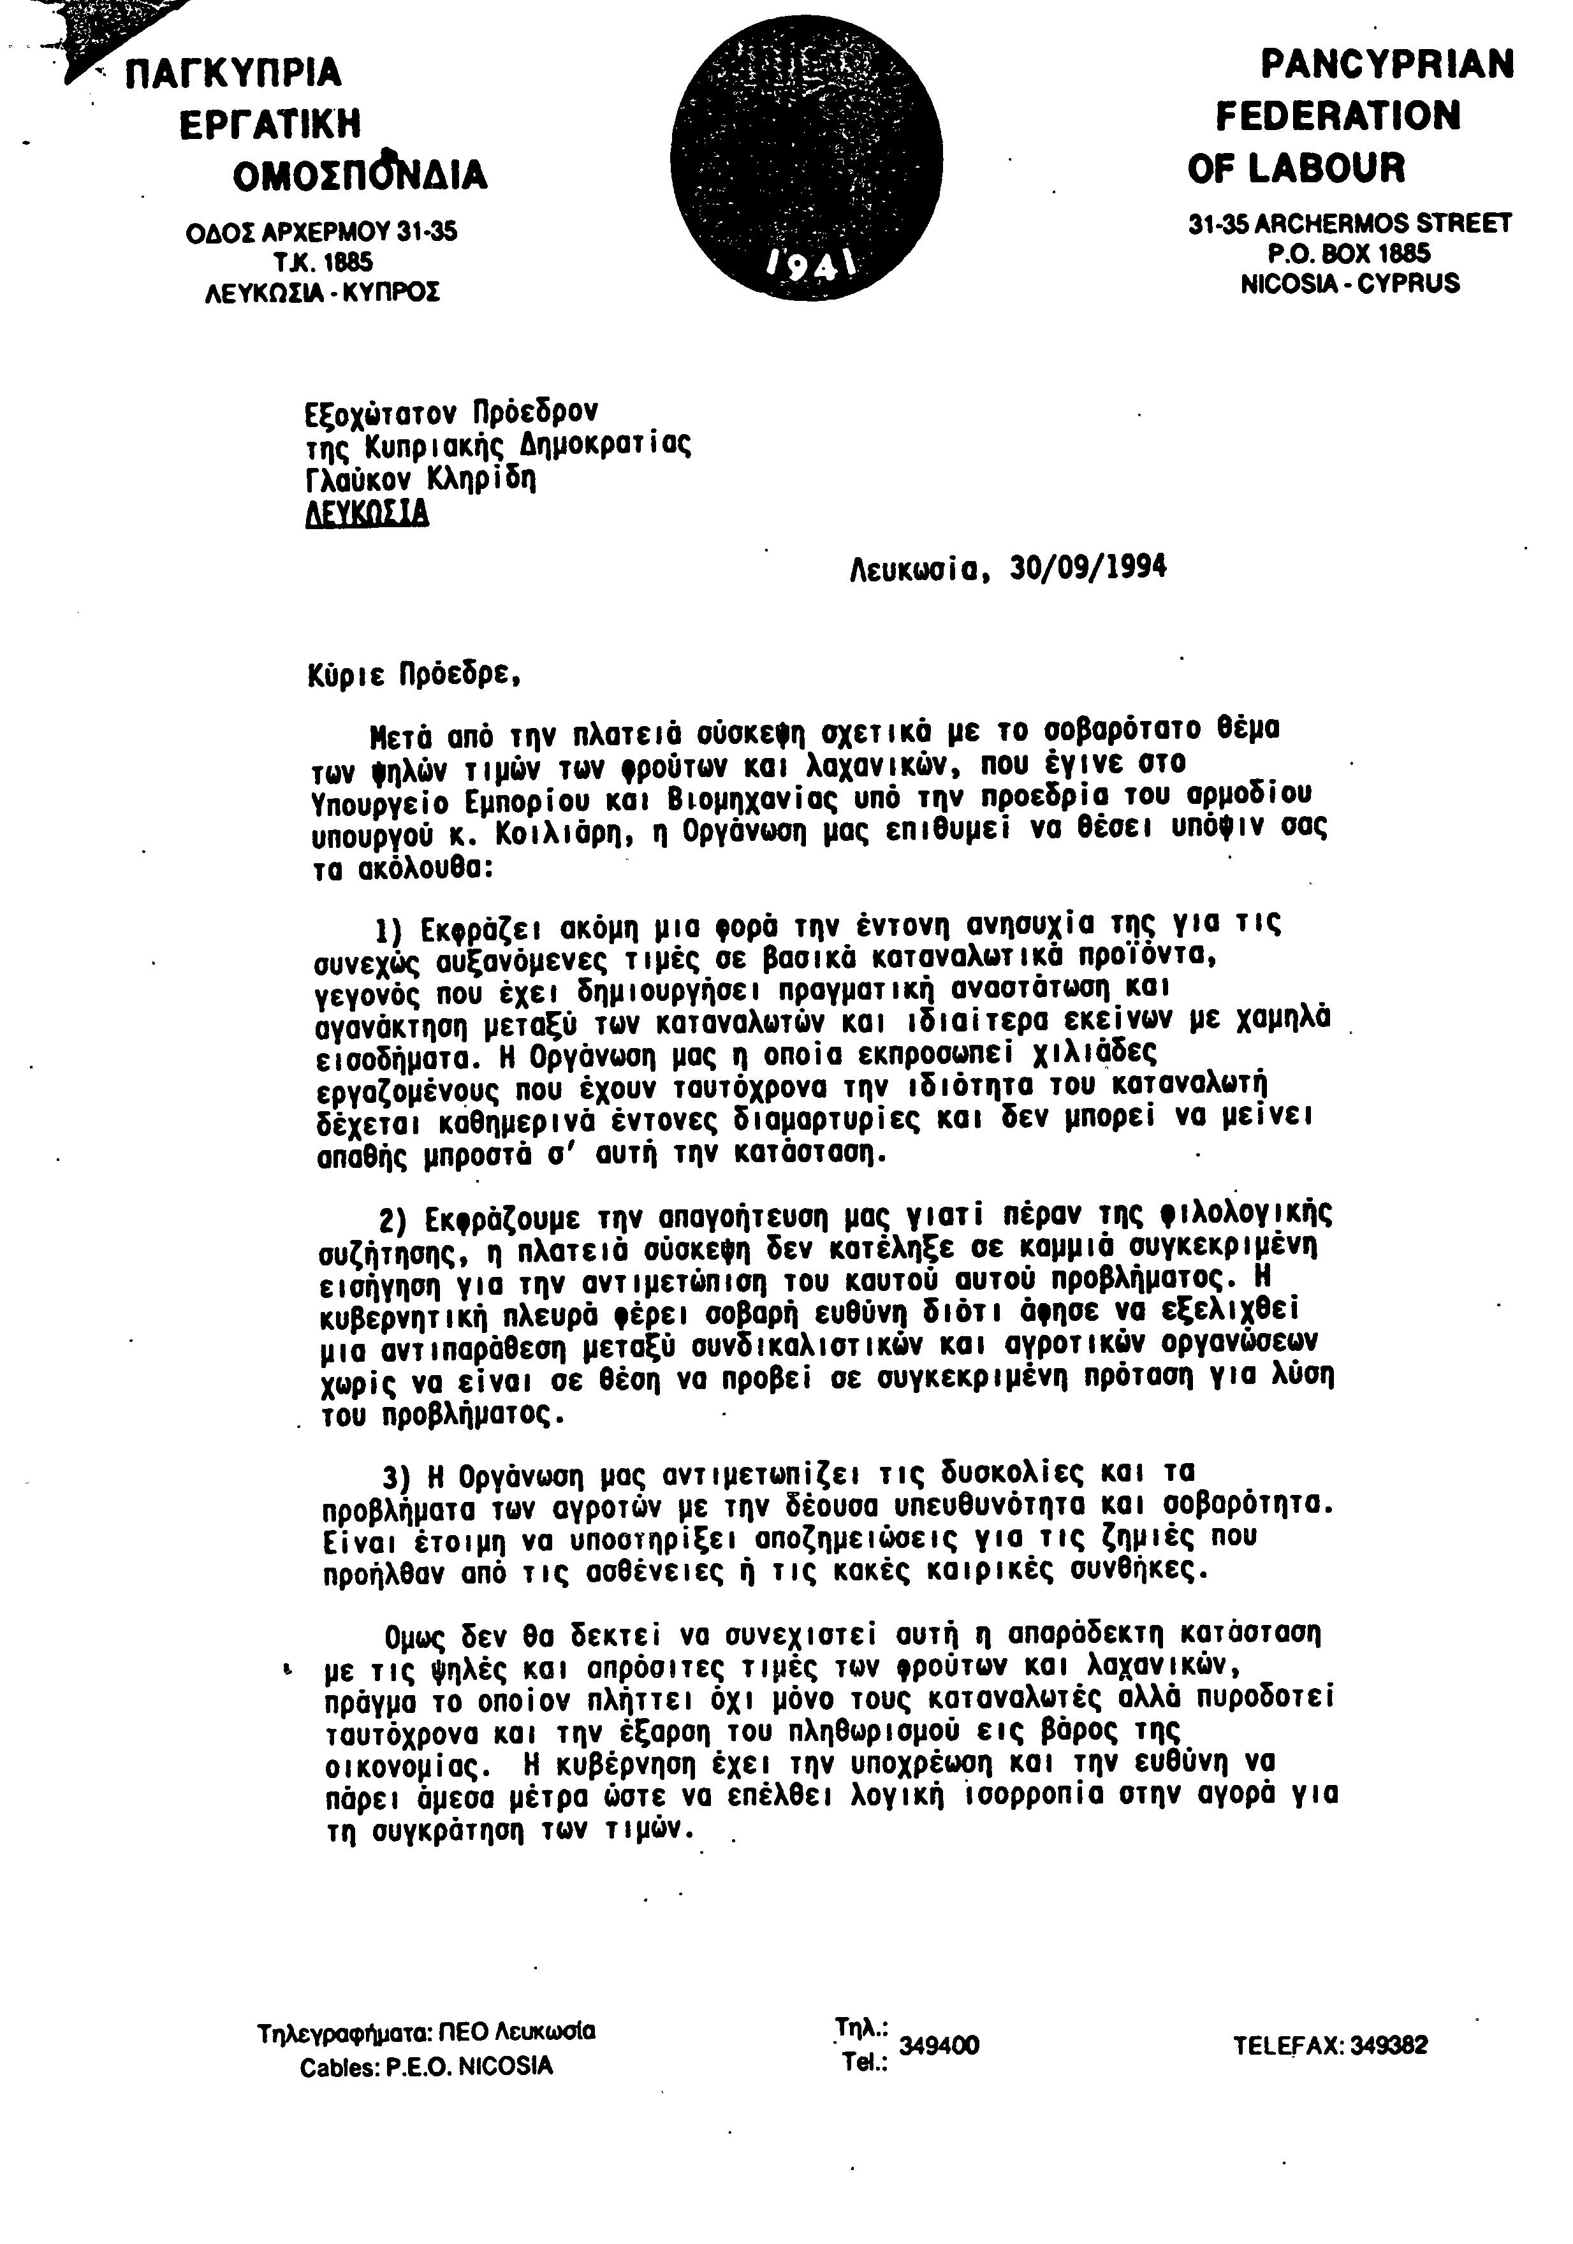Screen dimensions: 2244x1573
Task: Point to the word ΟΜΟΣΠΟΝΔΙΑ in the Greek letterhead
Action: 359,175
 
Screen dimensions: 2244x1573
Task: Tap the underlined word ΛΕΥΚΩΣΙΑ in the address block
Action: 367,513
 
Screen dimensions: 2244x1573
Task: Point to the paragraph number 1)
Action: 392,928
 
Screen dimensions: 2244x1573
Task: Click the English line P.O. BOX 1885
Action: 1349,254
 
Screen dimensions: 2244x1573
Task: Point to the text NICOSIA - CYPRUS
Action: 1349,284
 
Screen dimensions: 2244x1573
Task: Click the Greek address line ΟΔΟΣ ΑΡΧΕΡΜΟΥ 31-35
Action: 321,233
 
